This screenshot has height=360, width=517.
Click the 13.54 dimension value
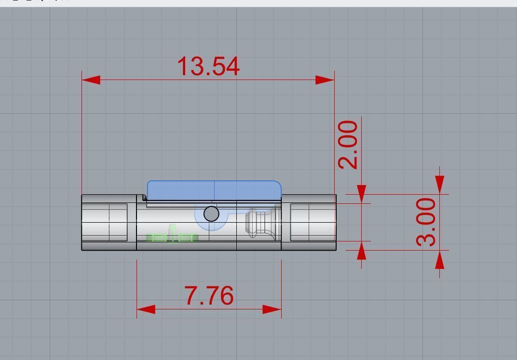208,67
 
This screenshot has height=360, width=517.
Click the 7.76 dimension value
209,296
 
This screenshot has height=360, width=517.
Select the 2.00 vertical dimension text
348,145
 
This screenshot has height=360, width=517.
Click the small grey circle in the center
211,214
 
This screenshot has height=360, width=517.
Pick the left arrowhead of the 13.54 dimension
91,80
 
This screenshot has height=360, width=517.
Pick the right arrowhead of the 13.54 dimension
325,80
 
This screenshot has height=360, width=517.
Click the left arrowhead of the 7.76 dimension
146,309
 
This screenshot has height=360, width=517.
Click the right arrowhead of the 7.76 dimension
272,309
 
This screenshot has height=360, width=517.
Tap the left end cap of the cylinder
109,223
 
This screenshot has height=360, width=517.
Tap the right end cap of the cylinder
309,223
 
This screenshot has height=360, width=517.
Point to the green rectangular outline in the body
172,238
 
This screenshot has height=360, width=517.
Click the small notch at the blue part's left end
144,198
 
